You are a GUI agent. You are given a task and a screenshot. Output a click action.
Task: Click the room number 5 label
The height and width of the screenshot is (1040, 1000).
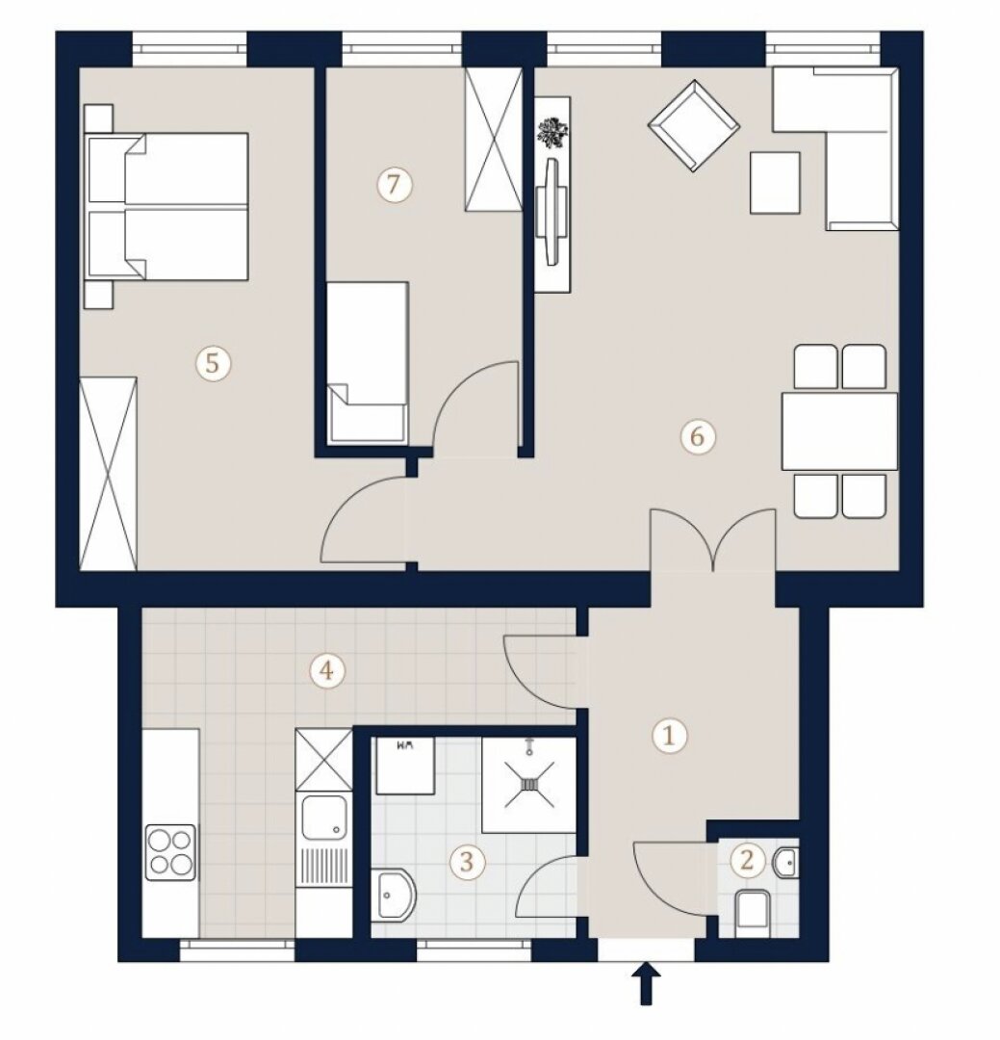(x=212, y=363)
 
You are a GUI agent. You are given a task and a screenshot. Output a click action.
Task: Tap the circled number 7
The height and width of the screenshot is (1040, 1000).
(x=394, y=184)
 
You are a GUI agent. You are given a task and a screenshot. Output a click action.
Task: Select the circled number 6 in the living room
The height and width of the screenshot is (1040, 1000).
(x=697, y=436)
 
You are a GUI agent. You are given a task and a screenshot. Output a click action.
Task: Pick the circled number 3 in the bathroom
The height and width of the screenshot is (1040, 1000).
(x=467, y=861)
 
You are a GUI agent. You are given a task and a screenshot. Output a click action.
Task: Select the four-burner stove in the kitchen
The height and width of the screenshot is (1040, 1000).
(x=171, y=852)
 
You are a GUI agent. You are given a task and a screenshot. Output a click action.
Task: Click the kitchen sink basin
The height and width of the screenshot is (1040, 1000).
(x=323, y=819)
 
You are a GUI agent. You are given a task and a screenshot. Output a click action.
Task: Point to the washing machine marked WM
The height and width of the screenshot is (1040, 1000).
(x=404, y=765)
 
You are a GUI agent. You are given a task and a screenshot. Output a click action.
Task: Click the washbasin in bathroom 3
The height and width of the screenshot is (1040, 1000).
(x=394, y=894)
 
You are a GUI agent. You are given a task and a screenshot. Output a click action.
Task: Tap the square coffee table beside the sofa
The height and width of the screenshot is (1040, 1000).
(x=775, y=182)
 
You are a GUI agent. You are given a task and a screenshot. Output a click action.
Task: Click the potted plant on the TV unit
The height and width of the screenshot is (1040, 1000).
(x=549, y=132)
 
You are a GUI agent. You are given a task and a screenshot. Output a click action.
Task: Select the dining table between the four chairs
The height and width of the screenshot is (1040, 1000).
(x=839, y=431)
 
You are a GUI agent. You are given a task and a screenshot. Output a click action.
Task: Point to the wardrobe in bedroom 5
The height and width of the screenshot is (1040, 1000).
(x=108, y=474)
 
